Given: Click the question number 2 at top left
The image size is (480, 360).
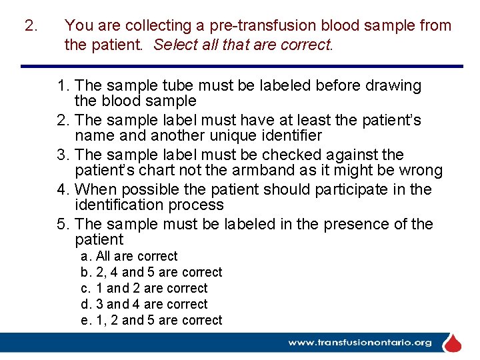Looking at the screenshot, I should [29, 26].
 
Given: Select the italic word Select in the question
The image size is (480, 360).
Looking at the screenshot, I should [174, 45].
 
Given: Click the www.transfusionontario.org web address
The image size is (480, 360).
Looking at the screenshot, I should [359, 343].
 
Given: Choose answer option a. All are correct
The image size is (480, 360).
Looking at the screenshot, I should [129, 256].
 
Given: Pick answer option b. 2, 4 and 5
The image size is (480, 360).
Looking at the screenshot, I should [151, 272].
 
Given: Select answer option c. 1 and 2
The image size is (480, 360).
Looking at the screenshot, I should [144, 288].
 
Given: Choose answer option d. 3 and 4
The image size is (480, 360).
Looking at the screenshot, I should [144, 304].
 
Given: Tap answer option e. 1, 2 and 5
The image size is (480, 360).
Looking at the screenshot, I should [151, 320].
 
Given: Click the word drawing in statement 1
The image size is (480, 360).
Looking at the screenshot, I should [395, 85].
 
